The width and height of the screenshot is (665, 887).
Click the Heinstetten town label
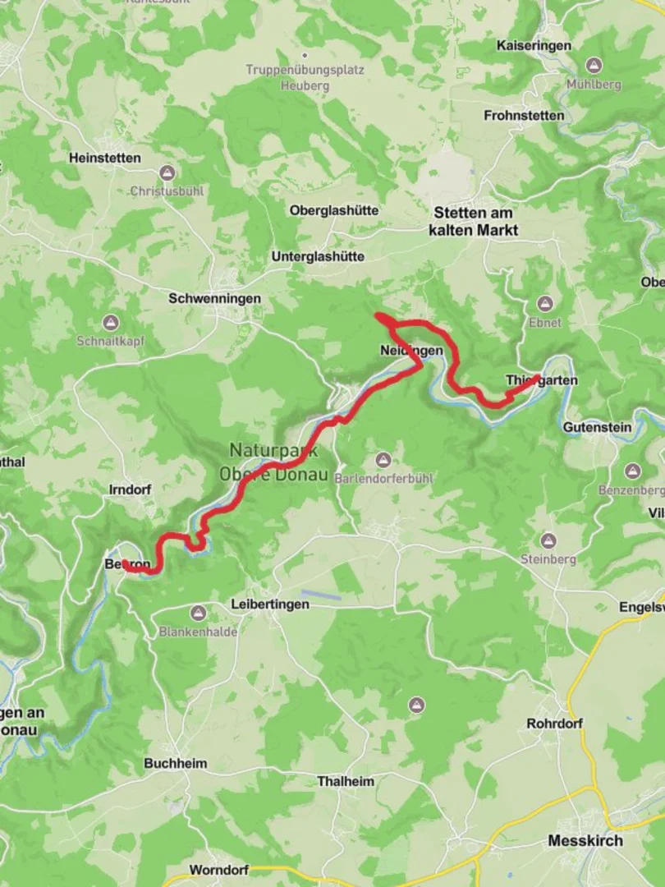104,158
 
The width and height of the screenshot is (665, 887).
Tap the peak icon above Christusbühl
167,173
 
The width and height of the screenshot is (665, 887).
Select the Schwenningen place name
214,299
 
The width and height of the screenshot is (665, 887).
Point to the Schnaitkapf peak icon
110,323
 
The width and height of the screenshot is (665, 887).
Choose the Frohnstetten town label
524,116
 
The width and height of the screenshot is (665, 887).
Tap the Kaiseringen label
534,46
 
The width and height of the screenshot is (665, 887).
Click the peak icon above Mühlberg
594,66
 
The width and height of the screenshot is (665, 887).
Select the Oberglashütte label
333,210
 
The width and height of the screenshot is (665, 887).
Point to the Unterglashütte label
318,257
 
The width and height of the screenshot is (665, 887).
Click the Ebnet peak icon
544,304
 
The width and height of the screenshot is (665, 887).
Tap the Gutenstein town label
597,427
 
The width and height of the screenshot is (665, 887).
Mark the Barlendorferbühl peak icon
383,460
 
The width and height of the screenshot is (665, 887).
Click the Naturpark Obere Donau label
273,462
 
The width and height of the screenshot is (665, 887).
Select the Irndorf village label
130,489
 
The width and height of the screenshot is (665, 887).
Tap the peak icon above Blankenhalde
198,614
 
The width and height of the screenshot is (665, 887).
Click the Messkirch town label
585,841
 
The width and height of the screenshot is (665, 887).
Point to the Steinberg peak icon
548,541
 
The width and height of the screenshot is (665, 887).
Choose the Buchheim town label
175,763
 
